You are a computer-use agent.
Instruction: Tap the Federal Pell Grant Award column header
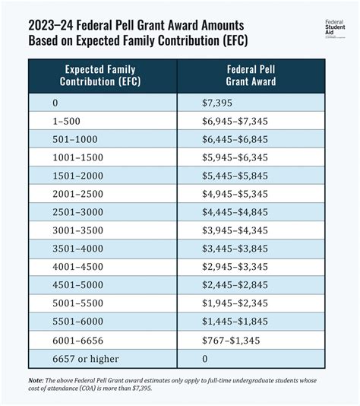(251, 75)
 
